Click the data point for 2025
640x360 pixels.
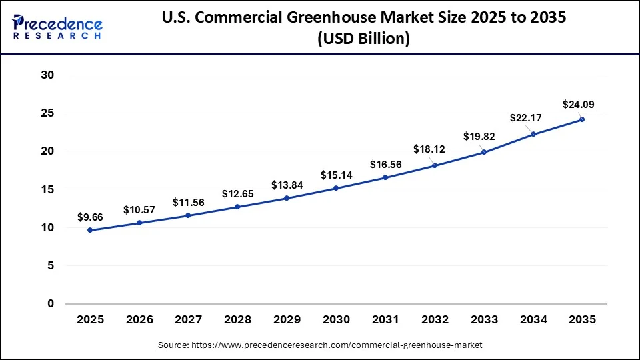tap(90, 230)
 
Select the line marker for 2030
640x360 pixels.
tap(336, 188)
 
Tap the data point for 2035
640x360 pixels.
tap(582, 119)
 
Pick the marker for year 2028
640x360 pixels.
tap(237, 207)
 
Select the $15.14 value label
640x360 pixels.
tap(336, 175)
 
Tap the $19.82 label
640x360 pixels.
tap(479, 137)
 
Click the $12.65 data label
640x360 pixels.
tap(238, 194)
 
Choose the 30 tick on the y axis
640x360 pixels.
tap(47, 75)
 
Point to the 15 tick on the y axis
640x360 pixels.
tap(47, 189)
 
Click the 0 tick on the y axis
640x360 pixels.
tap(49, 304)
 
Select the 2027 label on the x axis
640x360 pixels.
tap(189, 320)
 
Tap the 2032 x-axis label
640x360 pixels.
tap(435, 320)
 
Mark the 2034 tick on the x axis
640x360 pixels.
tap(533, 320)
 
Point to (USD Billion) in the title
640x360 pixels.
tap(364, 39)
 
